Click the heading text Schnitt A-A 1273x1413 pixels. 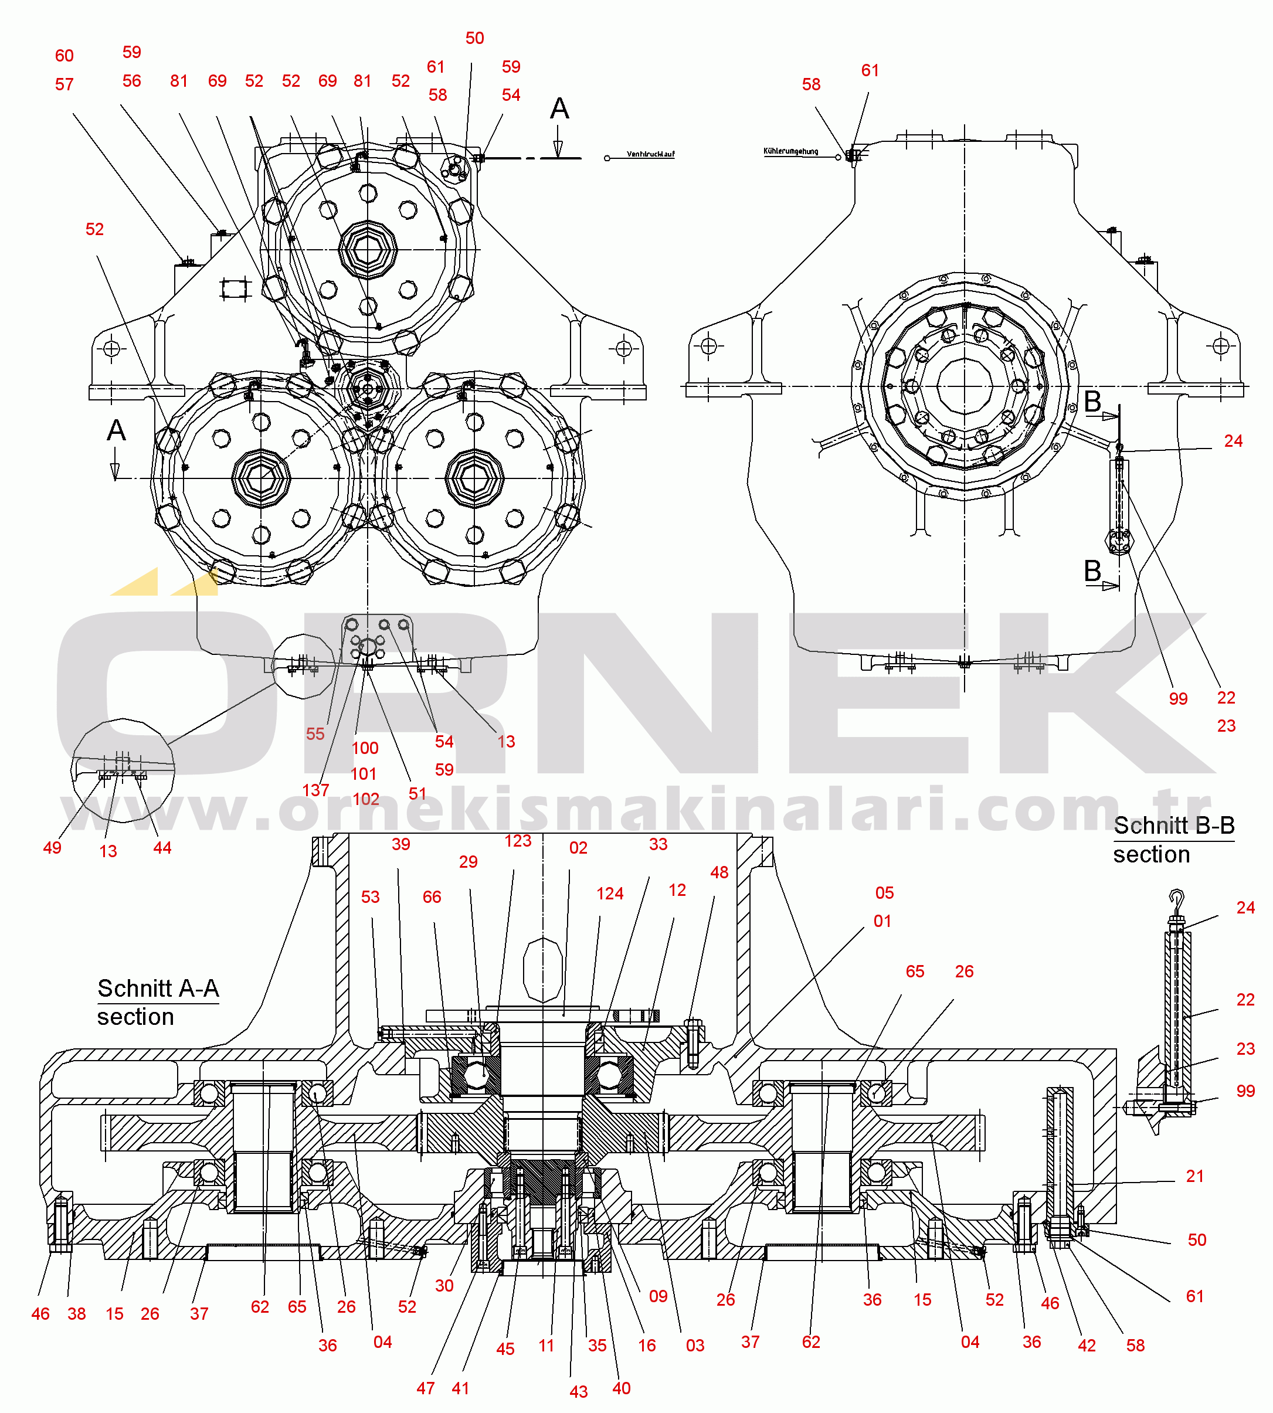158,989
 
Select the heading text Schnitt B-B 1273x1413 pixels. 1174,826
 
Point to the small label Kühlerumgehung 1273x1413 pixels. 790,151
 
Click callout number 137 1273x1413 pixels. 315,790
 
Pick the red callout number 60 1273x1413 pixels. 65,56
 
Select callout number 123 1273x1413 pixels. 518,841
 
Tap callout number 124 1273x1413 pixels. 609,894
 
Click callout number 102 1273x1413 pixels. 365,799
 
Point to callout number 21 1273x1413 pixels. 1194,1176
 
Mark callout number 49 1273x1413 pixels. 52,848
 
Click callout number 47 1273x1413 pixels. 425,1388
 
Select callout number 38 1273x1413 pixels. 76,1314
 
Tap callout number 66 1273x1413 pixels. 432,897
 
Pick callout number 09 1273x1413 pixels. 657,1296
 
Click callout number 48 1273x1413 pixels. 719,872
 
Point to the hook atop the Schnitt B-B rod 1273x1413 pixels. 1176,898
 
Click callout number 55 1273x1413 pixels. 315,734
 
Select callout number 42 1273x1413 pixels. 1087,1345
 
